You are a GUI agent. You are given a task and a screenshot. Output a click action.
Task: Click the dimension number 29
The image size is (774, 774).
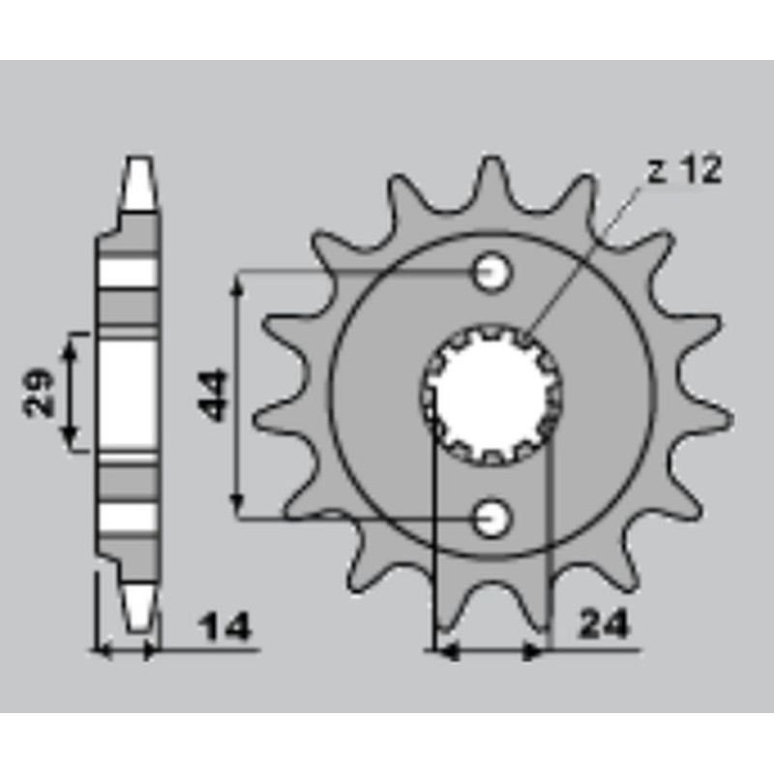39,392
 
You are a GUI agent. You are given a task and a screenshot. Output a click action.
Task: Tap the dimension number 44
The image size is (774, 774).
212,396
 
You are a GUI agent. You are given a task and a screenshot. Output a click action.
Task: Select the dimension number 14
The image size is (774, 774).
224,627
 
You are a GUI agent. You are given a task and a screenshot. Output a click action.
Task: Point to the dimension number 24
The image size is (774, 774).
605,624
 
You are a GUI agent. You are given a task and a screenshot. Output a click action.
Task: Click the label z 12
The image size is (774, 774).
685,169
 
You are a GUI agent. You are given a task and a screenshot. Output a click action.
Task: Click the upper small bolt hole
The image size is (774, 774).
491,272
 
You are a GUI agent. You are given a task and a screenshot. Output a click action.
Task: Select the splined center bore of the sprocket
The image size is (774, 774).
492,394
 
